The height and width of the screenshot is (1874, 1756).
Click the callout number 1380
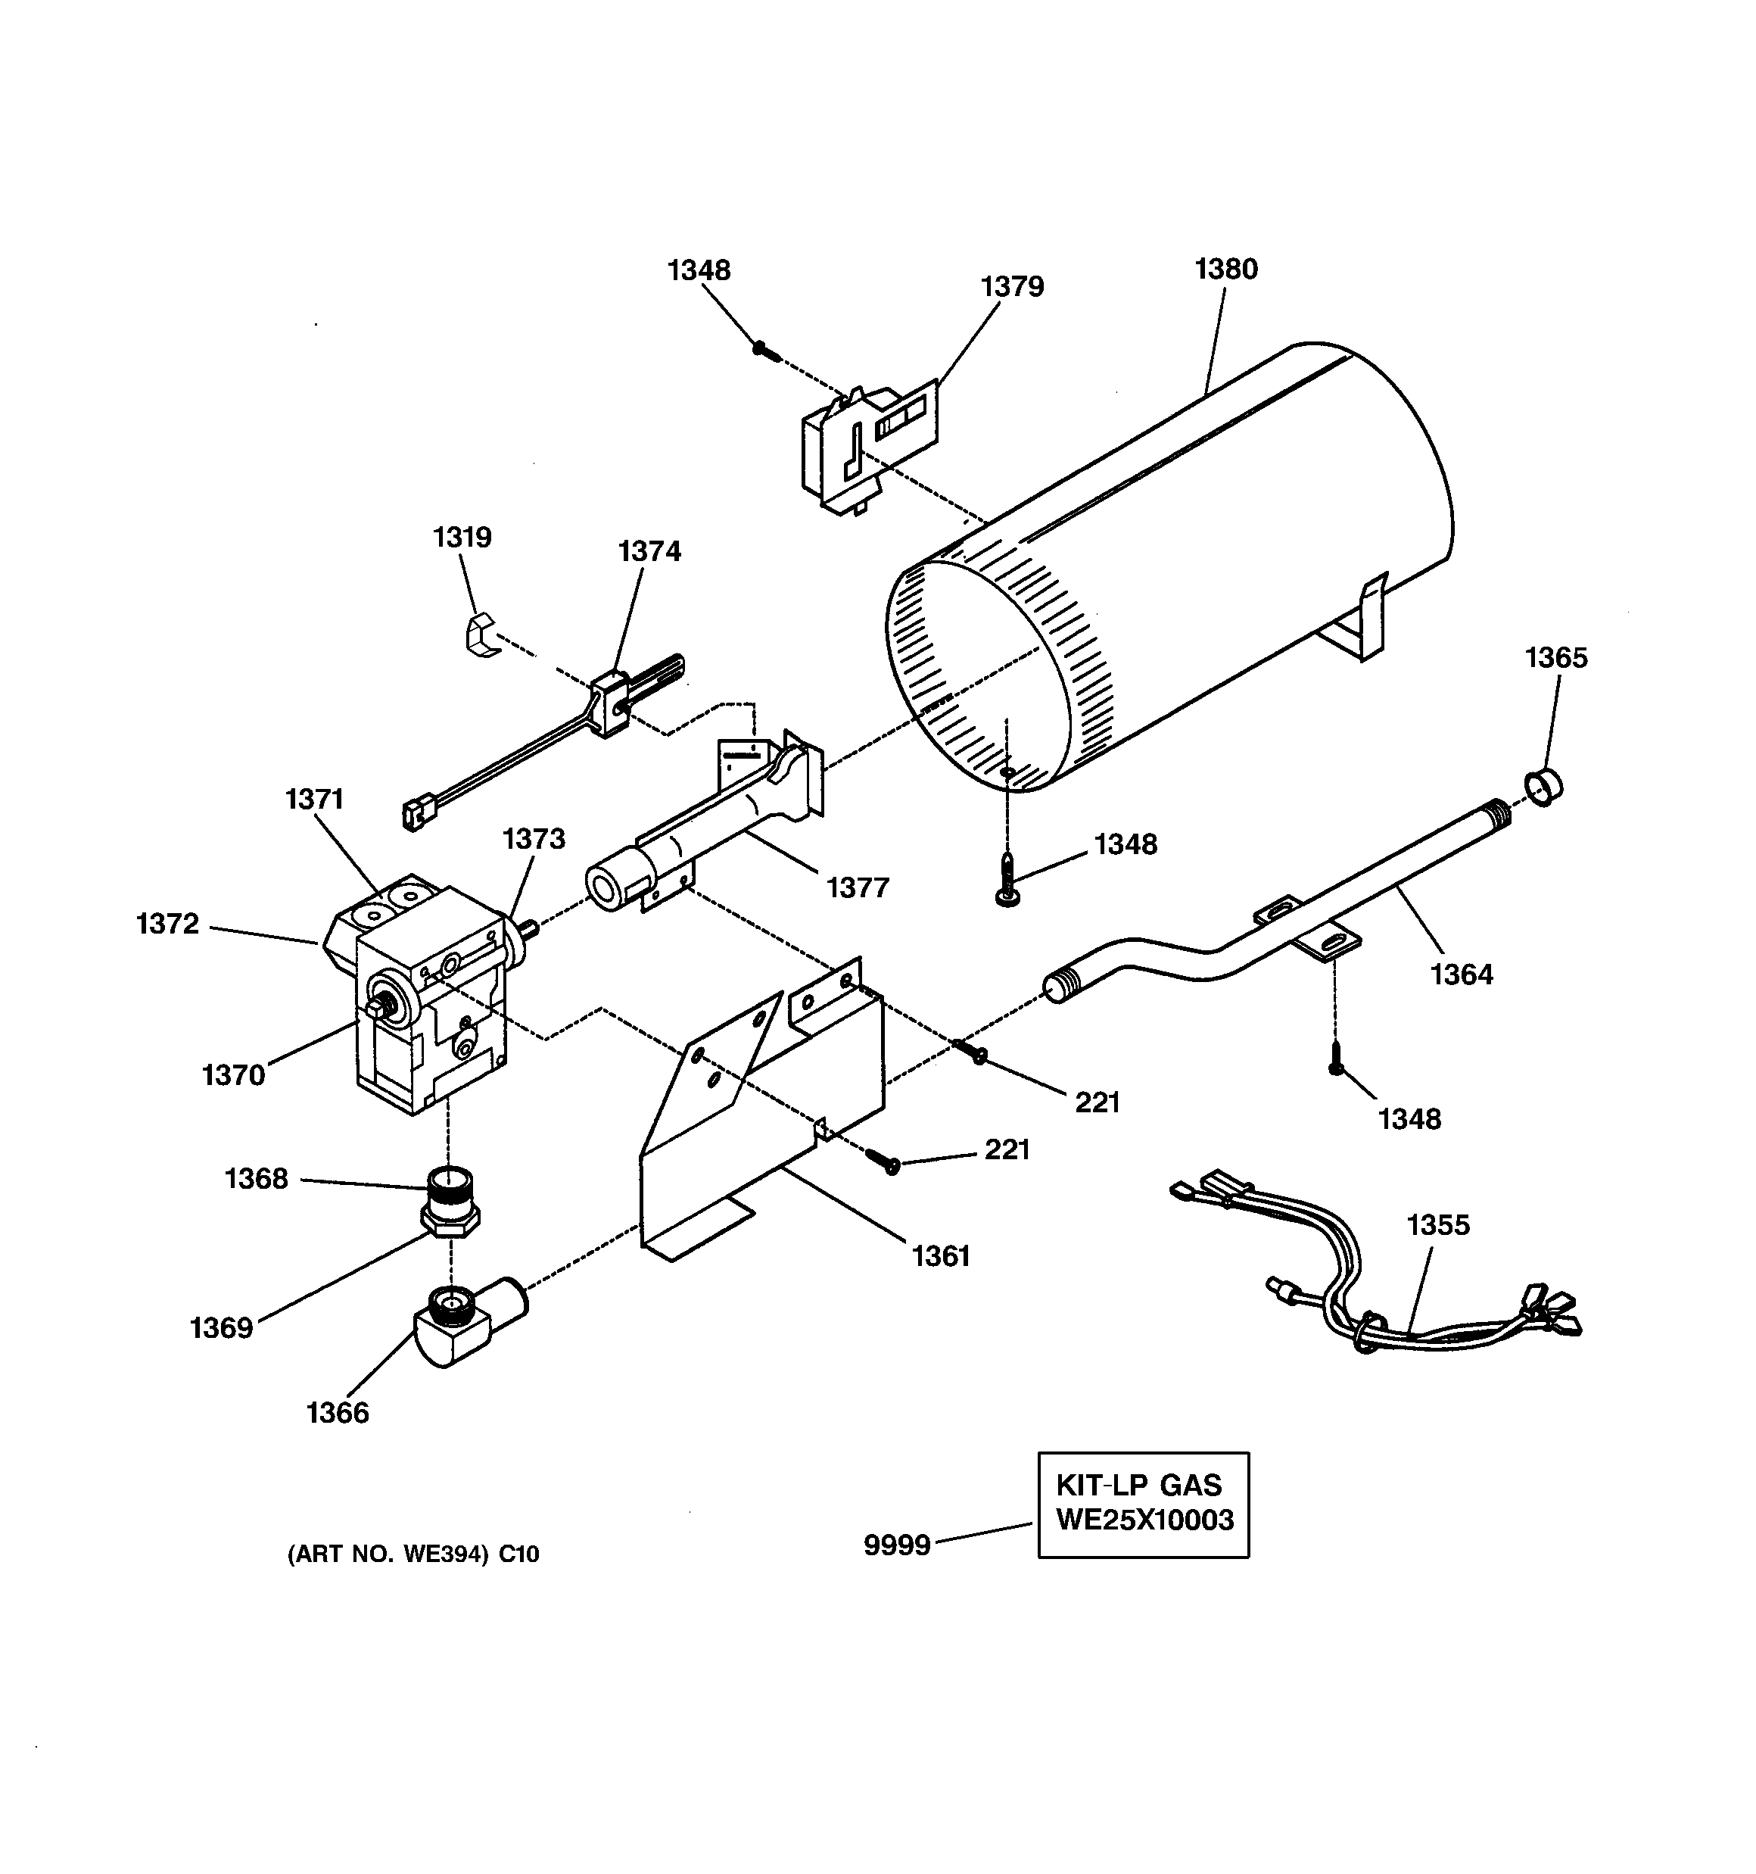click(x=1225, y=270)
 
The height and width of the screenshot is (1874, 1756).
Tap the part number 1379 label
click(x=1012, y=286)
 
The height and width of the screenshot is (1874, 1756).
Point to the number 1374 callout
click(x=649, y=551)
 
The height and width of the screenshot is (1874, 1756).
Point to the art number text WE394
click(x=413, y=1554)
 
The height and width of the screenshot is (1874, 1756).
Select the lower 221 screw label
click(x=1007, y=1149)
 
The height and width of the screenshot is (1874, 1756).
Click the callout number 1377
click(x=858, y=887)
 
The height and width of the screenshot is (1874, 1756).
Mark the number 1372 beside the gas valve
click(x=168, y=924)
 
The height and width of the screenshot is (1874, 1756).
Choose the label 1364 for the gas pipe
click(x=1461, y=974)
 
